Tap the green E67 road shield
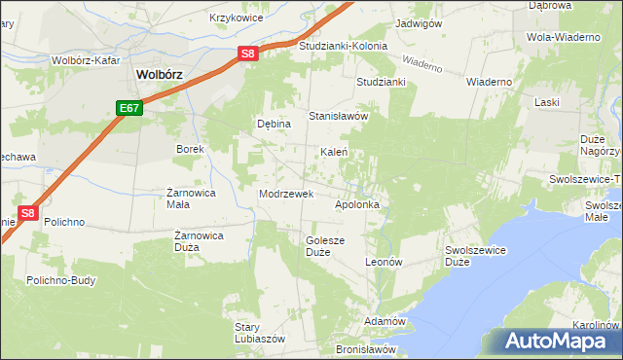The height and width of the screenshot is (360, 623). [x=131, y=108]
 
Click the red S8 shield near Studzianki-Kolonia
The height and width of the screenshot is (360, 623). [x=248, y=54]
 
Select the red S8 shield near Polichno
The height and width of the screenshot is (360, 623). [x=28, y=213]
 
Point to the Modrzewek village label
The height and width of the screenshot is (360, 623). [x=285, y=194]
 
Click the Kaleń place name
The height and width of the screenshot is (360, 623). [x=335, y=153]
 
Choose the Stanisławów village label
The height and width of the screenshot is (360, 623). [x=338, y=116]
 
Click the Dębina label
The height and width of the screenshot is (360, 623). [x=274, y=124]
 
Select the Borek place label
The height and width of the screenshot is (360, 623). [x=189, y=149]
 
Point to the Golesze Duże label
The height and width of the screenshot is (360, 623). [x=325, y=246]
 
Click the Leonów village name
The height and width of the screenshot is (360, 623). [x=383, y=263]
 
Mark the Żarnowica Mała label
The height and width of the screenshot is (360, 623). [x=191, y=198]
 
